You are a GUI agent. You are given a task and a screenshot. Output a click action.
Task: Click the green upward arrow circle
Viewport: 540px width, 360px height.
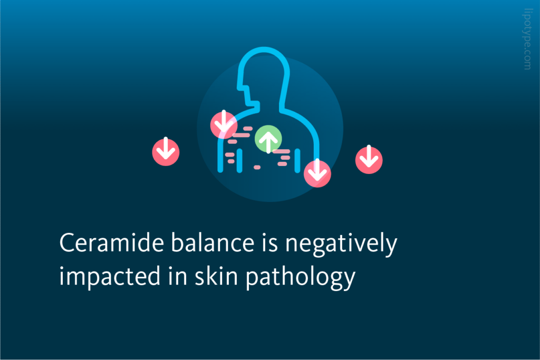(268, 139)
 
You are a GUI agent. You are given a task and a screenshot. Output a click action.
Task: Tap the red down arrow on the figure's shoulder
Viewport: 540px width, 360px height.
(224, 125)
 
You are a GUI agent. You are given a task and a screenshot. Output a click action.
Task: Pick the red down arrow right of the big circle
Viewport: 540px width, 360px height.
(369, 159)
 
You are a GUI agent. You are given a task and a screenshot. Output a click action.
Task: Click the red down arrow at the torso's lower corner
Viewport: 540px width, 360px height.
(317, 172)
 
